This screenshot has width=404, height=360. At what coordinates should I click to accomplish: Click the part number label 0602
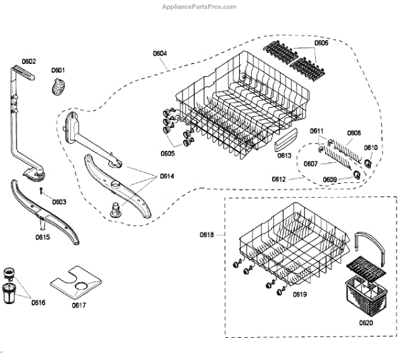(28, 61)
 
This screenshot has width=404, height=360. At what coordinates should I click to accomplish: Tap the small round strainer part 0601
(59, 85)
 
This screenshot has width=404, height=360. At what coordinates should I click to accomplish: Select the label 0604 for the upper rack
(160, 52)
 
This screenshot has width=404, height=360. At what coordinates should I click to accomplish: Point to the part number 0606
(322, 42)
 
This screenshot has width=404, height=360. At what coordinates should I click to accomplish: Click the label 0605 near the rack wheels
(168, 153)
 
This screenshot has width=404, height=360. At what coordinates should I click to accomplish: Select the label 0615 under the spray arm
(43, 236)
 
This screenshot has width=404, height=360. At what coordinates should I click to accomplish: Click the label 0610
(371, 147)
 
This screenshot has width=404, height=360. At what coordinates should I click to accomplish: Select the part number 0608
(354, 133)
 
